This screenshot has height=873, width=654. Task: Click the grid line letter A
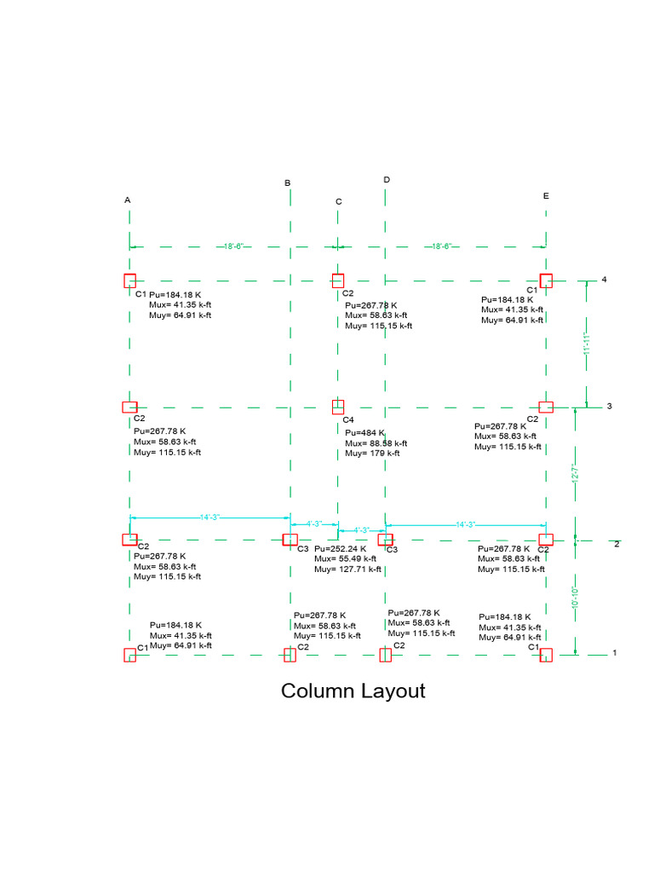(x=128, y=200)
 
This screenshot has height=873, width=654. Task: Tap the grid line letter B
(x=288, y=183)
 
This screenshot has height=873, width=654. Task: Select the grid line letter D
(x=387, y=180)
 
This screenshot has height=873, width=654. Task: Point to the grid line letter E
(x=546, y=196)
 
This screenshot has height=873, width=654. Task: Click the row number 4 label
(x=604, y=280)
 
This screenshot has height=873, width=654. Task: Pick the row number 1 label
(x=613, y=653)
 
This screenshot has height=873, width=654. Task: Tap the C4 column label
(x=347, y=420)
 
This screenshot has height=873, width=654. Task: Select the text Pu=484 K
(x=364, y=433)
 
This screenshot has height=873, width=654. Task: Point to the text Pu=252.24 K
(x=341, y=549)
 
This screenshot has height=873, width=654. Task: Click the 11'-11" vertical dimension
(x=586, y=349)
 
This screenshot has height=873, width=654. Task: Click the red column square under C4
(x=338, y=407)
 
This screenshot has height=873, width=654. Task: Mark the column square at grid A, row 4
(x=129, y=280)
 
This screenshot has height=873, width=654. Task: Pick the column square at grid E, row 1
(x=546, y=655)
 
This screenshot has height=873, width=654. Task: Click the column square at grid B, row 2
(x=290, y=540)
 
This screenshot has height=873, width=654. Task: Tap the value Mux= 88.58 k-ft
(x=376, y=443)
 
